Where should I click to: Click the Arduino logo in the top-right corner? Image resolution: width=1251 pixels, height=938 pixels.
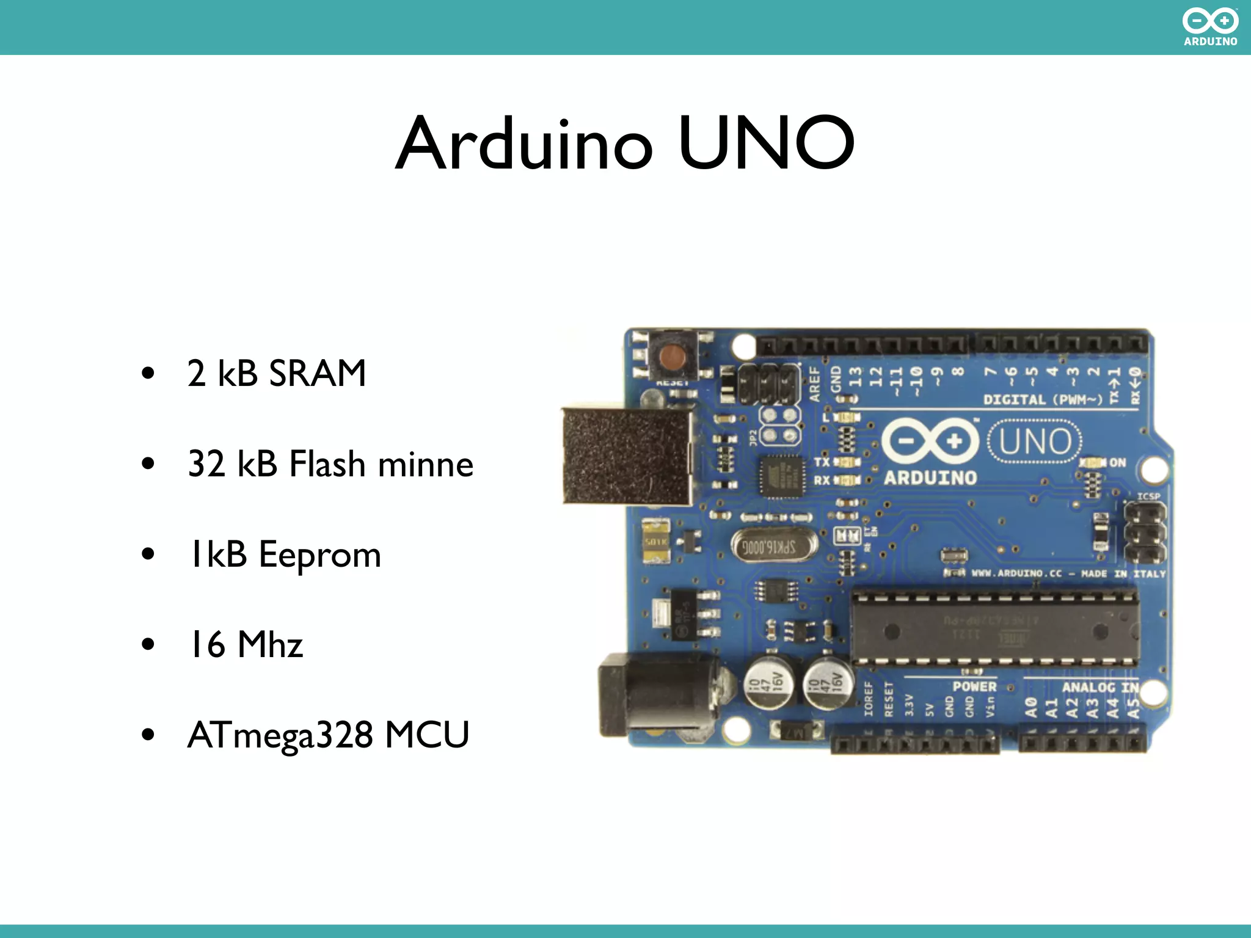pos(1210,27)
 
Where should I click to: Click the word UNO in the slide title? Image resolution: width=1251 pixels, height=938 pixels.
pos(766,144)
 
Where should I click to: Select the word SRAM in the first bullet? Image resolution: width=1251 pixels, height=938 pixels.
pos(317,373)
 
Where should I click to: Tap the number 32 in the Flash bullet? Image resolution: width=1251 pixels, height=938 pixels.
pos(206,464)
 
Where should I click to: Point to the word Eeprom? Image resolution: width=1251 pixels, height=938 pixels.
pos(319,554)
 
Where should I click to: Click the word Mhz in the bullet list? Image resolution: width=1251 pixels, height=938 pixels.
pos(270,645)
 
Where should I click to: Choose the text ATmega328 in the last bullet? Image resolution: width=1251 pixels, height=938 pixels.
pos(280,735)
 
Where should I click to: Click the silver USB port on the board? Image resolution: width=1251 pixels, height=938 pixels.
pos(627,456)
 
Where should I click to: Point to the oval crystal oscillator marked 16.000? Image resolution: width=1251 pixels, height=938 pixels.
pos(774,545)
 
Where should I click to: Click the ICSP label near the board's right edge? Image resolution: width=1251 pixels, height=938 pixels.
pos(1148,496)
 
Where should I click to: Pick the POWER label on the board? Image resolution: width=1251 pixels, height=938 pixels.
pos(974,686)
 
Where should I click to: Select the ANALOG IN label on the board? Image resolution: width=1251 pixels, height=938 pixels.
pos(1100,688)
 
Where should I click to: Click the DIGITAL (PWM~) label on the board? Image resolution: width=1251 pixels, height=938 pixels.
pos(1042,400)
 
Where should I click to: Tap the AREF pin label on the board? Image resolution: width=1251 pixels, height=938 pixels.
pos(815,384)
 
